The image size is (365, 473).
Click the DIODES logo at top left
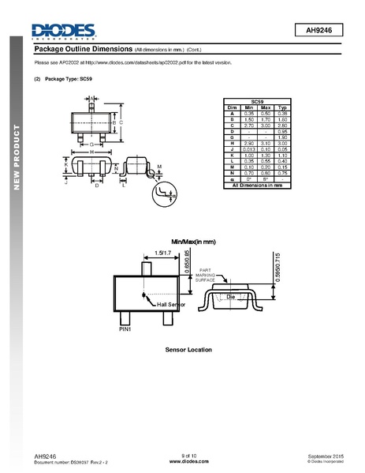(63, 31)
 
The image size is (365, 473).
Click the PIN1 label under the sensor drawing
(125, 329)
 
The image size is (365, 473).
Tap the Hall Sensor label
(171, 304)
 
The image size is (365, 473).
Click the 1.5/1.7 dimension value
(164, 253)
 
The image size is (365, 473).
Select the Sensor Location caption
(189, 349)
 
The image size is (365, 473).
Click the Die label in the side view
(231, 295)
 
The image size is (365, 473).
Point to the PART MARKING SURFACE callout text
(205, 274)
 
